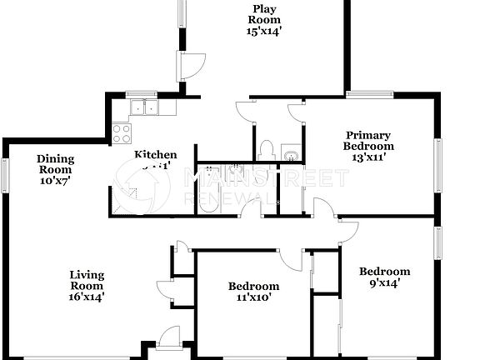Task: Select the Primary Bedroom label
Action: (367, 140)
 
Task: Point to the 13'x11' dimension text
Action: (367, 156)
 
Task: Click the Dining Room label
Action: (55, 163)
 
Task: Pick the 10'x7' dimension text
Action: (55, 180)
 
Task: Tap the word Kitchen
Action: (156, 154)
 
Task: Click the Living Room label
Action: (86, 280)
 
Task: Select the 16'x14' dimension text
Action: (86, 295)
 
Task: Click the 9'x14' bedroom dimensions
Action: (384, 282)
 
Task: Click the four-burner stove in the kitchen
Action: (122, 133)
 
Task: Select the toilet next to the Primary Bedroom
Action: (267, 151)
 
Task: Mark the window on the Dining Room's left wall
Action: (4, 175)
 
